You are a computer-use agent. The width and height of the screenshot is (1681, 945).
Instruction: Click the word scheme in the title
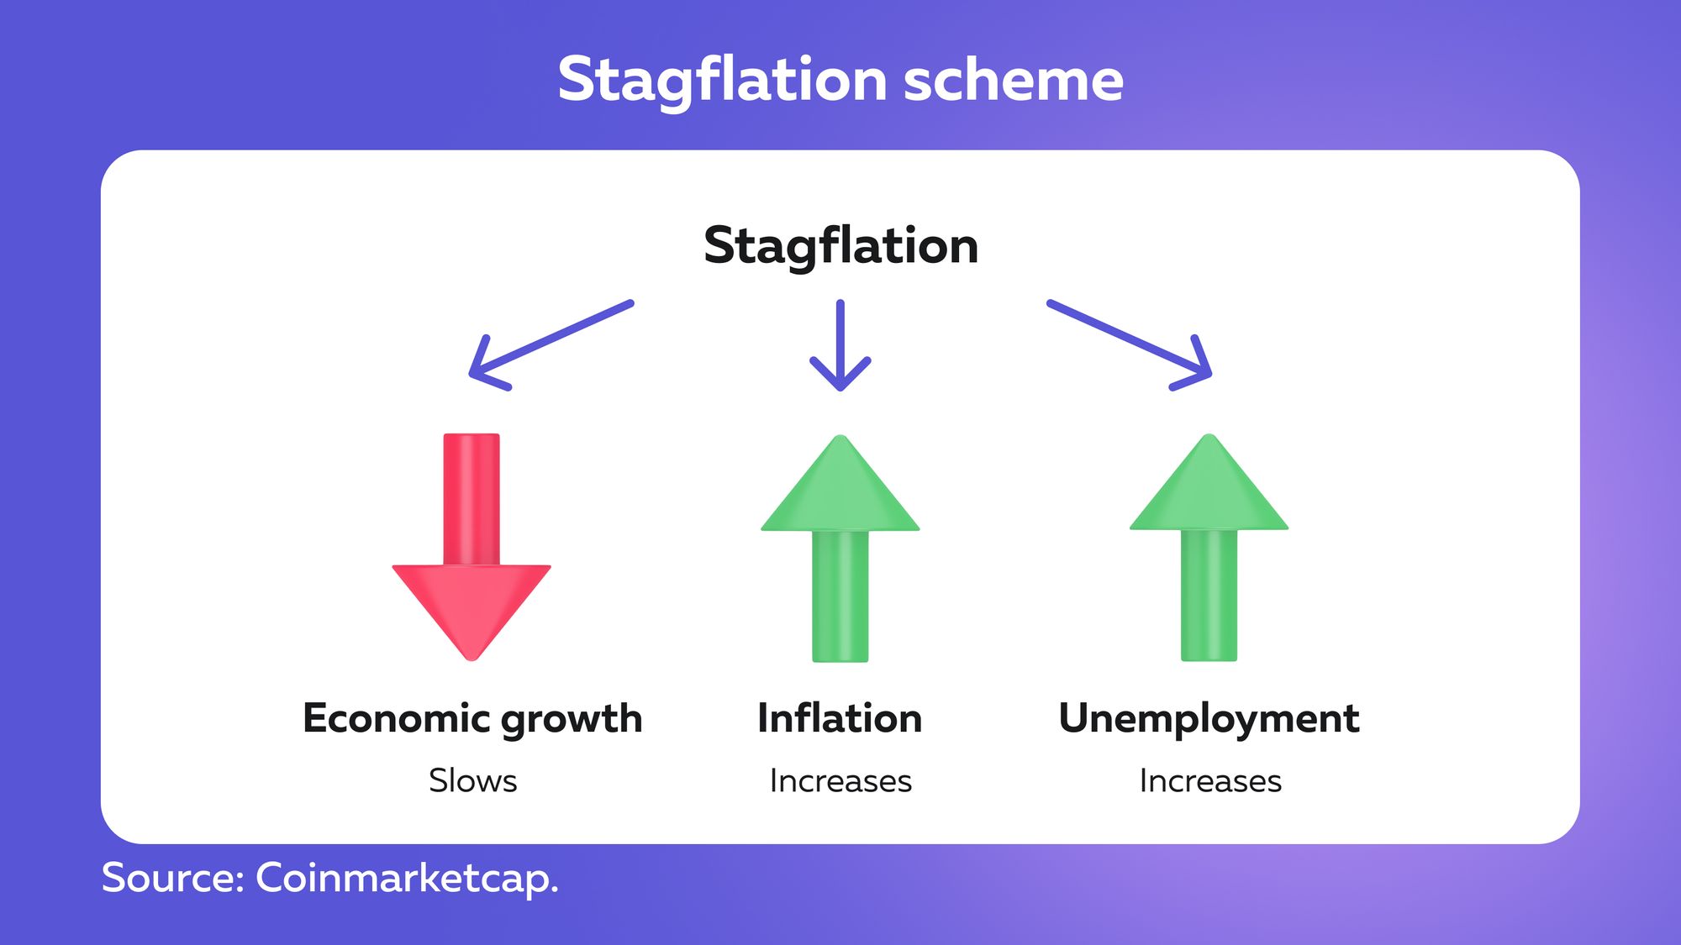click(x=1014, y=80)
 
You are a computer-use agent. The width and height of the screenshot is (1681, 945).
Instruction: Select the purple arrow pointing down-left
click(x=551, y=345)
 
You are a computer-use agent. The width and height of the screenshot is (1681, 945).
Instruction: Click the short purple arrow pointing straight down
click(x=840, y=345)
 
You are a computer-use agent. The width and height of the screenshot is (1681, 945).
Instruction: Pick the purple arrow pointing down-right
click(x=1130, y=345)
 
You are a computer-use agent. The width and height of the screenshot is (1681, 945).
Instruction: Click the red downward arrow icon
click(x=472, y=547)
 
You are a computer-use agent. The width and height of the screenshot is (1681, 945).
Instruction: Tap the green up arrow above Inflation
click(x=840, y=548)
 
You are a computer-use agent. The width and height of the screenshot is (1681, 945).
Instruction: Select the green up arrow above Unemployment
click(x=1209, y=547)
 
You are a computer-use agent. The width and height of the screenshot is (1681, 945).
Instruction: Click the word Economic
click(x=396, y=718)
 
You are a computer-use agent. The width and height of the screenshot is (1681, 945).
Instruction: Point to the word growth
click(x=572, y=721)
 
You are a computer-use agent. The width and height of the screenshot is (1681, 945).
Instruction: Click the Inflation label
click(x=840, y=718)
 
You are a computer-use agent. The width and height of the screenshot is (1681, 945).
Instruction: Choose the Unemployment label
click(x=1209, y=720)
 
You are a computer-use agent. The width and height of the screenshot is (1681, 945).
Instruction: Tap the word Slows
click(x=472, y=780)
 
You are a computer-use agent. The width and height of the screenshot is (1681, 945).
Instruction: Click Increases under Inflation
click(x=840, y=781)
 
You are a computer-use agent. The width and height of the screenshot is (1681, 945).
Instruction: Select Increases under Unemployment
click(x=1210, y=781)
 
